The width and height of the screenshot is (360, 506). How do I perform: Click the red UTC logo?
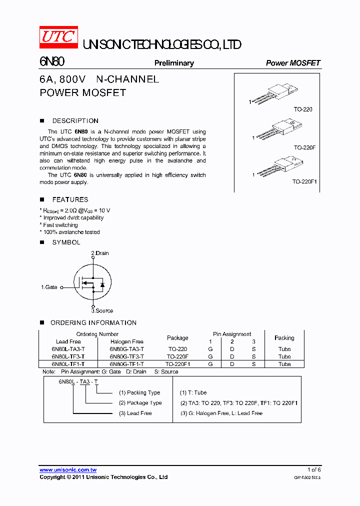(x=58, y=38)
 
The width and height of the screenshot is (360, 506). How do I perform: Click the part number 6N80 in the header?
(x=51, y=62)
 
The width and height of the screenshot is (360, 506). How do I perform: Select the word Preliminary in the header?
(x=173, y=63)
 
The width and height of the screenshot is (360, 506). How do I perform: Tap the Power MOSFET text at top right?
(x=292, y=63)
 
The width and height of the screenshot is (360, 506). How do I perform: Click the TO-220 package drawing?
(x=275, y=94)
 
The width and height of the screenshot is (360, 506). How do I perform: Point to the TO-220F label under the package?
(x=304, y=147)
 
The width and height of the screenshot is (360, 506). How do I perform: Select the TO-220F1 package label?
(x=304, y=182)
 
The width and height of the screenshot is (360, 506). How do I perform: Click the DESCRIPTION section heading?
(x=75, y=121)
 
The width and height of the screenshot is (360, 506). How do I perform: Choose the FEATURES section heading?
(x=70, y=199)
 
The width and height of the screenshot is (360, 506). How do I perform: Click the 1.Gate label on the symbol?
(x=49, y=287)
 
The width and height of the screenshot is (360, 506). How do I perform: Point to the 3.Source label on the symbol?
(x=102, y=310)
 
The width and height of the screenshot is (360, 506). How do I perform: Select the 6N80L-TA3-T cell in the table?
(x=68, y=349)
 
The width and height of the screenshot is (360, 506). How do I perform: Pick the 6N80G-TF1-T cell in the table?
(x=127, y=364)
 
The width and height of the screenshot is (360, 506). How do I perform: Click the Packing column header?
(x=284, y=338)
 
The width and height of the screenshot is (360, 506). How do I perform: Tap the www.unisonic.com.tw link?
(x=68, y=469)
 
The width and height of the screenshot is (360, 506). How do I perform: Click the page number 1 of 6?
(x=313, y=469)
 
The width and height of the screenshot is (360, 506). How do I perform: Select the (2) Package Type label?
(x=140, y=403)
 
